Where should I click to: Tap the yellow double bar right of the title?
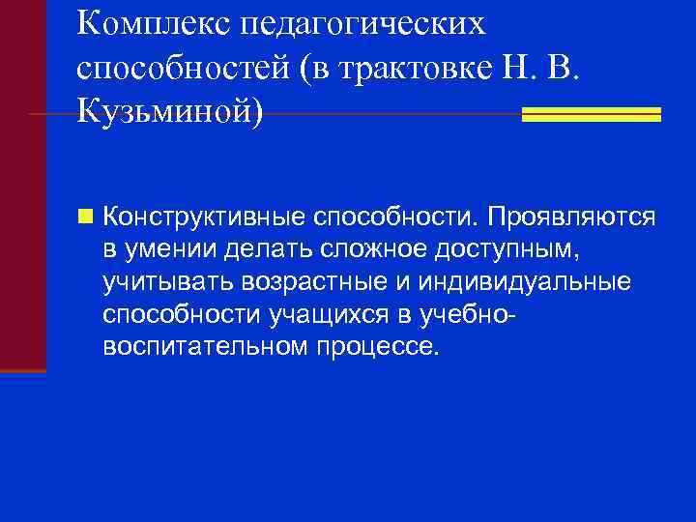pyautogui.click(x=591, y=114)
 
